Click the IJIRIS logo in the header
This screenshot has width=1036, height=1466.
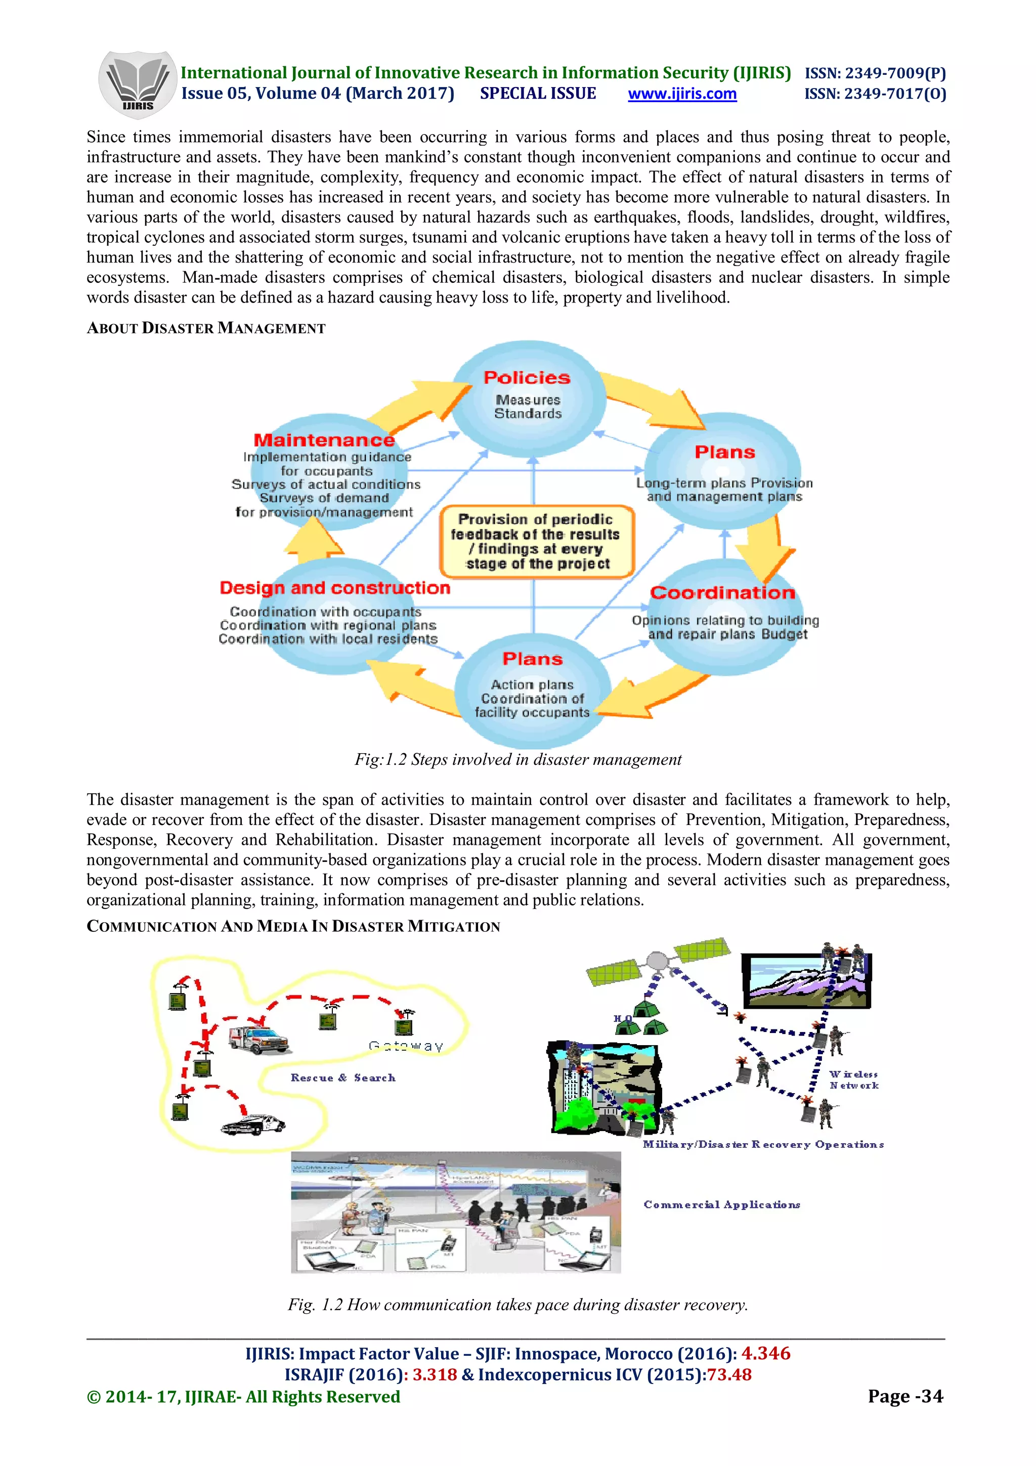[137, 85]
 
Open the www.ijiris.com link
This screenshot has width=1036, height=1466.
[682, 94]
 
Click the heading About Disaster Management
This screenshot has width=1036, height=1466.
[206, 328]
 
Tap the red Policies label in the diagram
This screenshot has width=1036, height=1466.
[527, 377]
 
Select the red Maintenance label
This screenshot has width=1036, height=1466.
[324, 440]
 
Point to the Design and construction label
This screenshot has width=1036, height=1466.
[334, 587]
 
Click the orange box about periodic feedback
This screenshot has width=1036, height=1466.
[537, 541]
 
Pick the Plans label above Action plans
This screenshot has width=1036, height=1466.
[532, 659]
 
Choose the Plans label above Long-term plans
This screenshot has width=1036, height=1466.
[724, 452]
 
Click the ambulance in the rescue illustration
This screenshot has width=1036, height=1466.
[258, 1040]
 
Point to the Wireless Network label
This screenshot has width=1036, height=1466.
[853, 1080]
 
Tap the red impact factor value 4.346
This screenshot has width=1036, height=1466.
[765, 1353]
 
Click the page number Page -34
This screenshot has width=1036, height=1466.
[904, 1396]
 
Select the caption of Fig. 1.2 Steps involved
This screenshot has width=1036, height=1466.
[517, 759]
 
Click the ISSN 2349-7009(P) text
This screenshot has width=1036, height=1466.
[875, 73]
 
